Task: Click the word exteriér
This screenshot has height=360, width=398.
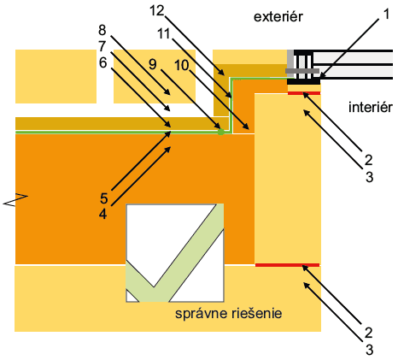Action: coord(278,17)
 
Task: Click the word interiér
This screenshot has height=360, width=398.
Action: coord(371,107)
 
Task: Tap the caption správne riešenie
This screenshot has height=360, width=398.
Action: coord(228,314)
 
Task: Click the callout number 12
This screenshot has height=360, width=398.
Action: coord(157,11)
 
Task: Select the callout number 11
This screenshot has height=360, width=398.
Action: coord(164,34)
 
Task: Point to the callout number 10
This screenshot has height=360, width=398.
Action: coord(182,65)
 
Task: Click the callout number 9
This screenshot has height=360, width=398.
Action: coord(153,64)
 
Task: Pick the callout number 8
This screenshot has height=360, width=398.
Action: coord(102,30)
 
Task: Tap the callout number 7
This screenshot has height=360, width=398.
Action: coord(102,46)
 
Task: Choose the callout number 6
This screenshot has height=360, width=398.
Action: coord(102,62)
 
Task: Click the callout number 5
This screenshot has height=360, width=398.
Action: coord(104,198)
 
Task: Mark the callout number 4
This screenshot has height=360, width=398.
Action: coord(102,214)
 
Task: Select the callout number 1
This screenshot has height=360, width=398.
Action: coord(386,14)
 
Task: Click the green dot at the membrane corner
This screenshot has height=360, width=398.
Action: coord(220,132)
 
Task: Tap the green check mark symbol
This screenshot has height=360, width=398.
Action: coord(175,253)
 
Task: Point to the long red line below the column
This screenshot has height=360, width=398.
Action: coord(287,265)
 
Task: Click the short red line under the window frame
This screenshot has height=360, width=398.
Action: coord(304,93)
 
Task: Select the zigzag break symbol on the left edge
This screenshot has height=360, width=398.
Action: coord(15,199)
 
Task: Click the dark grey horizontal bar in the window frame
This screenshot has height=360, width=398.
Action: coord(302,70)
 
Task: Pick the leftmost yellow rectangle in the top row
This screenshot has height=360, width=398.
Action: coord(56,76)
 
